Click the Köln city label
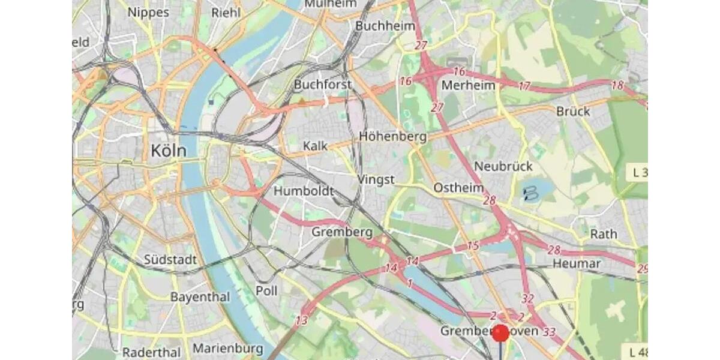tap(168, 151)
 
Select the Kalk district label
tap(315, 146)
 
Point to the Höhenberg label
tap(392, 136)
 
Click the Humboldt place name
tap(304, 191)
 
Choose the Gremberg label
tap(342, 232)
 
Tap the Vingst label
tap(376, 179)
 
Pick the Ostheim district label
tap(458, 188)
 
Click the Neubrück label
tap(503, 166)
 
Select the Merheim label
tap(469, 85)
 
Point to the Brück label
tap(573, 111)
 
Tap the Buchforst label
tap(323, 85)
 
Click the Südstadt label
tap(170, 260)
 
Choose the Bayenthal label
tap(200, 297)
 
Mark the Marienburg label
tap(227, 348)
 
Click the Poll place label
tap(266, 290)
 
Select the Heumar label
tap(576, 263)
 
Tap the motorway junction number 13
tap(302, 321)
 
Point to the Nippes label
tap(149, 12)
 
